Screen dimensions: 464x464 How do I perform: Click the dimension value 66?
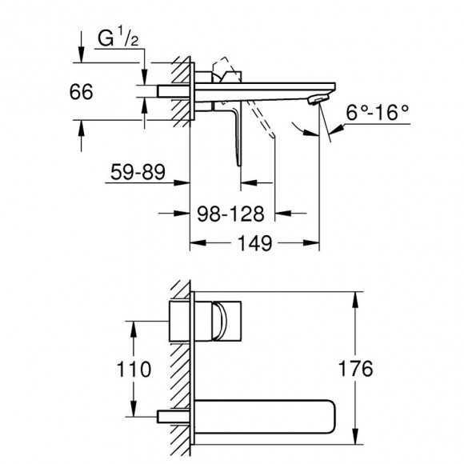82,91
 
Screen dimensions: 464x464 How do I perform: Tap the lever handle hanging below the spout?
238,136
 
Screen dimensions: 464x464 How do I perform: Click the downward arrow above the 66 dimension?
82,53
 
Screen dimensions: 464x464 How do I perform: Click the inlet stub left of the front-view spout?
173,417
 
